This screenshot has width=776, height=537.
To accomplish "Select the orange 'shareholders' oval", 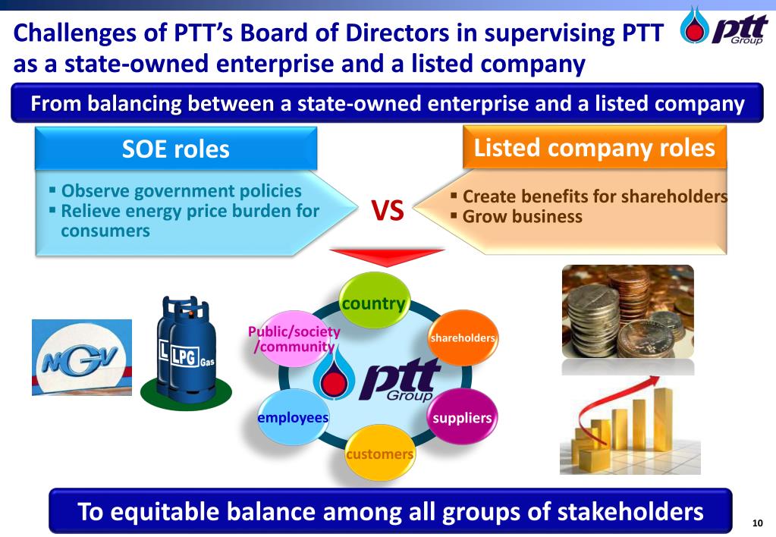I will pos(463,337).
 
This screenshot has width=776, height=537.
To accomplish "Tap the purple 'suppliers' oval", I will pos(462,418).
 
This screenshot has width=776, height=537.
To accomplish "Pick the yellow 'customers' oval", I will pos(379,454).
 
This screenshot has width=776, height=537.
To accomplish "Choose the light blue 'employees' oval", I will pos(293,418).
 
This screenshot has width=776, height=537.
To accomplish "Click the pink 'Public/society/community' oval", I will pos(294,339).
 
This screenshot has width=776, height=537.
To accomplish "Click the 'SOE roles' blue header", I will pos(175,149).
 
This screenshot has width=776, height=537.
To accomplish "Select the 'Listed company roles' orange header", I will pos(594,147).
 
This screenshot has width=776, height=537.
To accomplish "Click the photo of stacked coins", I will pos(627,312).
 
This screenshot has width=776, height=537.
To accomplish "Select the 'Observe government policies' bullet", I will pos(181,191).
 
